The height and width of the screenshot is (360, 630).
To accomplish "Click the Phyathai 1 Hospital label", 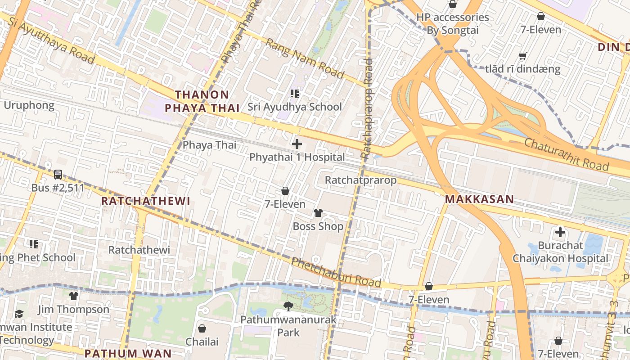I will pos(297,157).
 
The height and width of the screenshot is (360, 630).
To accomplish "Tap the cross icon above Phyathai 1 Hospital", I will pos(297,144).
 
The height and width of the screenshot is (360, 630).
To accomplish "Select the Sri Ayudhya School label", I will pos(294,107).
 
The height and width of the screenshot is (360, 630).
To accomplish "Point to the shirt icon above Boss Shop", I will pos(318,213).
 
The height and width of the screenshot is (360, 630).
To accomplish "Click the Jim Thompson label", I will pos(73,310).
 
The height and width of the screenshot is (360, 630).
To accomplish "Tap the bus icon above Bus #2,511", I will pos(58,174).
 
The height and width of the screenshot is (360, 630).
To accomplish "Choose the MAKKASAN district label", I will pos(479,199).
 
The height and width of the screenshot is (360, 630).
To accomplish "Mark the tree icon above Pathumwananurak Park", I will pos(288,306).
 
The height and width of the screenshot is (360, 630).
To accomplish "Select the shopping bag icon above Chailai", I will pos(202,328).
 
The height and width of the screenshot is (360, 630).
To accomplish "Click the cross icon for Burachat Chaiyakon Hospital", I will pos(560,233).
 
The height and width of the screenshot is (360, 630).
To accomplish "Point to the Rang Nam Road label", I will pos(305,58).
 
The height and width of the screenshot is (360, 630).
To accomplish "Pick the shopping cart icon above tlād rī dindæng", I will pos(522,56).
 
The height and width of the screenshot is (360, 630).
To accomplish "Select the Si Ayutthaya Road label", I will pos(51,41).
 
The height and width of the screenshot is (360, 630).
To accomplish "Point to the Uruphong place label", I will pos(29,106).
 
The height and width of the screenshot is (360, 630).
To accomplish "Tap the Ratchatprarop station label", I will pos(360,180).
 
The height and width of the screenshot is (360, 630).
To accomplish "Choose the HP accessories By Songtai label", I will pos(452,24).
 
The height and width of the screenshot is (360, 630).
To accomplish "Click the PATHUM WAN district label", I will pos(128,353).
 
